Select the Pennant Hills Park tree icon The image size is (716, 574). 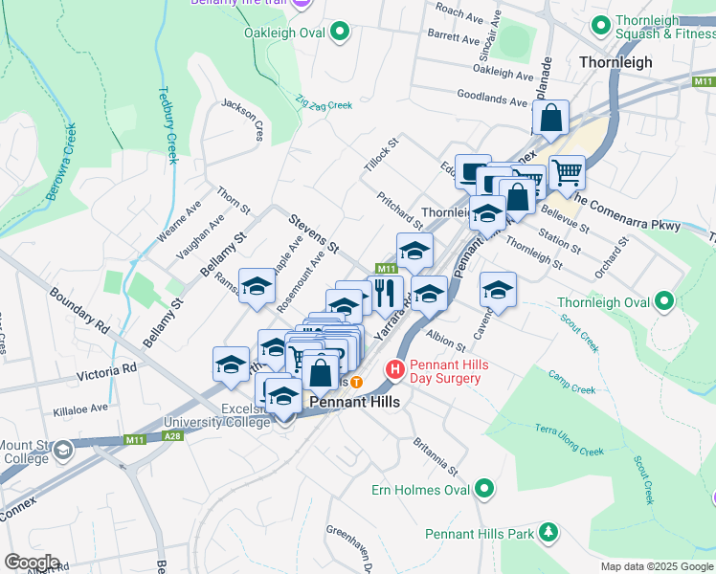pyautogui.click(x=548, y=531)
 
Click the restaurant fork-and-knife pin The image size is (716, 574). pyautogui.click(x=386, y=291)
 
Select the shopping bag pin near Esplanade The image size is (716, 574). pyautogui.click(x=550, y=120)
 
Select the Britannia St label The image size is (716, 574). pyautogui.click(x=436, y=458)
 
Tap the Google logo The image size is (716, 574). pyautogui.click(x=32, y=563)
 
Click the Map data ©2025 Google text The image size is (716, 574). pyautogui.click(x=656, y=566)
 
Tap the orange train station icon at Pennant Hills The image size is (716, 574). pyautogui.click(x=356, y=381)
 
